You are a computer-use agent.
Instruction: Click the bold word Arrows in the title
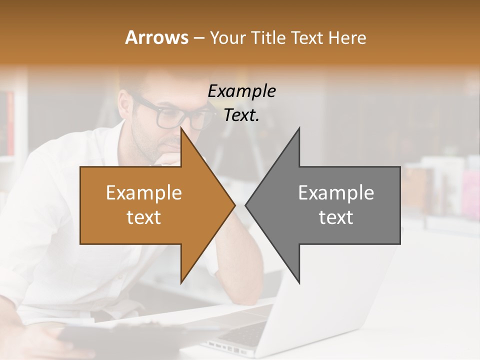(x=156, y=37)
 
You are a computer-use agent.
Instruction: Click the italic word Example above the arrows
(x=241, y=91)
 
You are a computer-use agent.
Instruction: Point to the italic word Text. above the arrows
(x=241, y=115)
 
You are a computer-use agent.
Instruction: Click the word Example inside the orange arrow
(x=143, y=192)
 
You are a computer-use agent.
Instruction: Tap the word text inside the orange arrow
(x=143, y=217)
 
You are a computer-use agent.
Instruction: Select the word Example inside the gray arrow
(x=336, y=192)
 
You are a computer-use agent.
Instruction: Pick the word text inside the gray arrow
(x=336, y=217)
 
